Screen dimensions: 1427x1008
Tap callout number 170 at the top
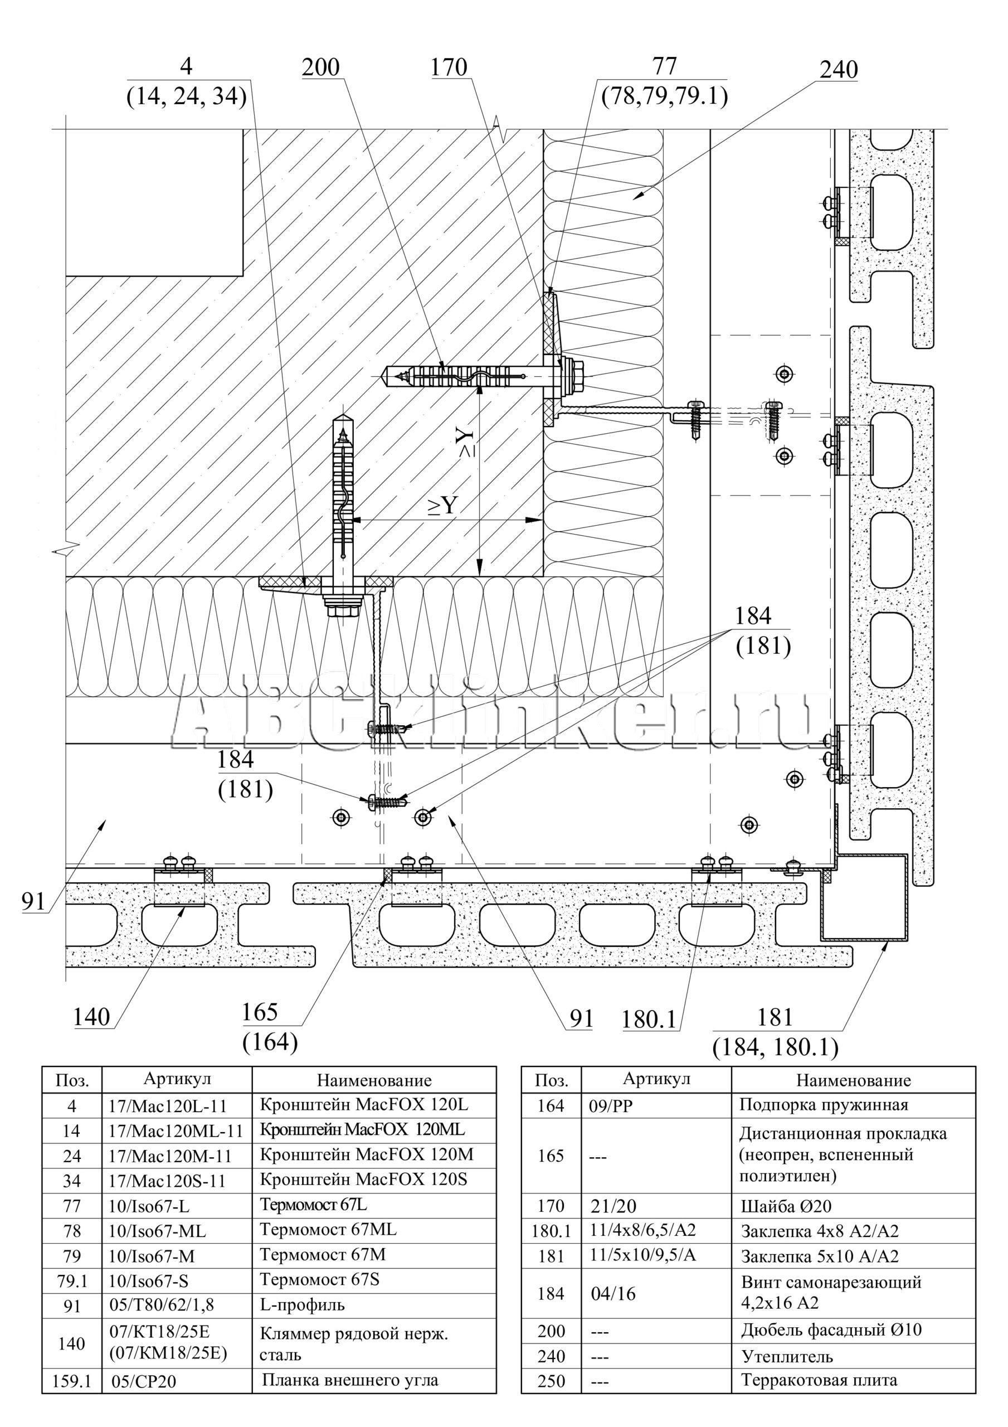point(449,67)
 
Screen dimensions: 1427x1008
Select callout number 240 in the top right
point(839,70)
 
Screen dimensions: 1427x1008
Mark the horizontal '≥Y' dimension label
point(442,507)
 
